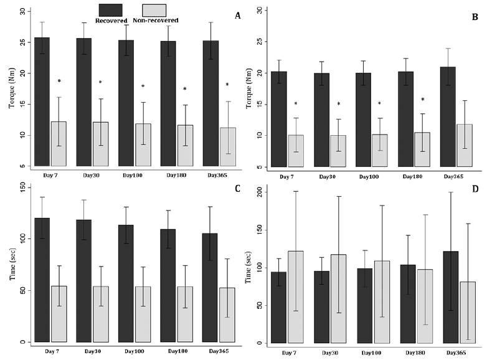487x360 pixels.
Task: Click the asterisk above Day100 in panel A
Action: click(143, 87)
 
